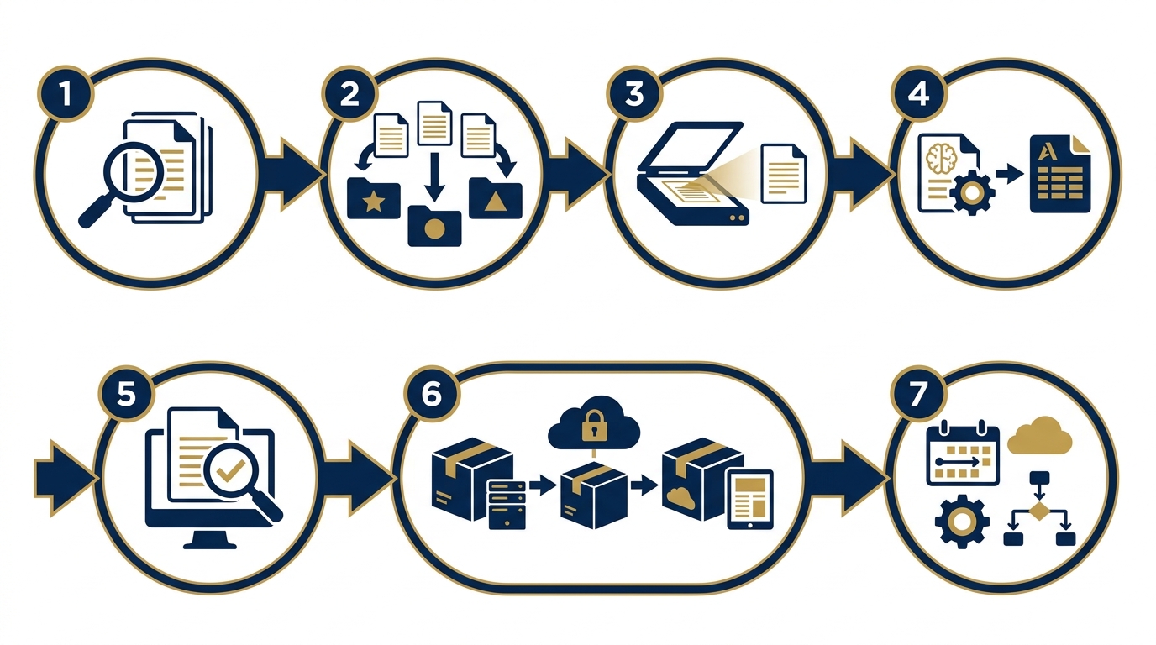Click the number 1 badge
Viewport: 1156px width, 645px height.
point(66,94)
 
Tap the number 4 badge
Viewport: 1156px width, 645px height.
point(918,94)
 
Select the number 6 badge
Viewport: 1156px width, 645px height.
point(432,395)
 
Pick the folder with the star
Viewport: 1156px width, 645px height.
point(374,198)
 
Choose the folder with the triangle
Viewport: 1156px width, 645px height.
point(496,198)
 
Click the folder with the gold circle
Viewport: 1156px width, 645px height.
point(434,226)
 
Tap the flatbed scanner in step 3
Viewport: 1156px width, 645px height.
point(693,174)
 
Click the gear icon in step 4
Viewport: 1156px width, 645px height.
point(972,192)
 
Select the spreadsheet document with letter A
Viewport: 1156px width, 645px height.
point(1060,174)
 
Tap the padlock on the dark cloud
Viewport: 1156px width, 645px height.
point(593,426)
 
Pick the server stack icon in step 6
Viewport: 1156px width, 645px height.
point(507,504)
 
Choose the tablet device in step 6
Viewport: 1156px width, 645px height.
point(750,500)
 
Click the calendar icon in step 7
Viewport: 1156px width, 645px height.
point(963,454)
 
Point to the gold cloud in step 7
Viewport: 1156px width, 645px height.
point(1039,435)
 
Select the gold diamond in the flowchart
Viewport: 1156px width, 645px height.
point(1039,511)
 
